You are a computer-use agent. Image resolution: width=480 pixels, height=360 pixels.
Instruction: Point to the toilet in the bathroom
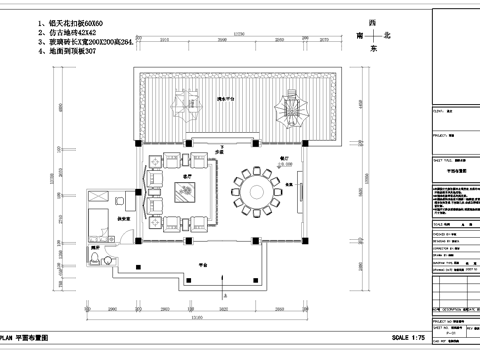click(94, 259)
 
